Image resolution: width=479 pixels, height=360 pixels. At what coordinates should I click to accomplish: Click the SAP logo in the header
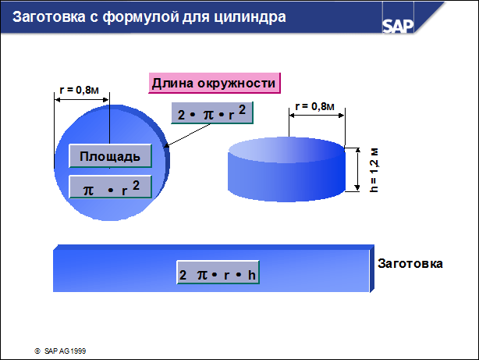point(398,26)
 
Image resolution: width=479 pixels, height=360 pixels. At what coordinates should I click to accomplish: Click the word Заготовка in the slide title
point(49,16)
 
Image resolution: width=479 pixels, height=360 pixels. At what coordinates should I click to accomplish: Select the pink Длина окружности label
point(215,83)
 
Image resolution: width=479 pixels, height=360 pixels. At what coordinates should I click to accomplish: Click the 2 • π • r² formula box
point(212,113)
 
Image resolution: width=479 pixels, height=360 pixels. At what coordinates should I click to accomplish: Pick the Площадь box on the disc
point(110,156)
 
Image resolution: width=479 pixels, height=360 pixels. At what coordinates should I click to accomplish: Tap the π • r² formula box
point(110,187)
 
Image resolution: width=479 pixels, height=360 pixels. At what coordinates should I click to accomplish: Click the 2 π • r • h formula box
point(218,273)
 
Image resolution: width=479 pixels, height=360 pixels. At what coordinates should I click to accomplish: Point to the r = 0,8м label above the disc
point(79,90)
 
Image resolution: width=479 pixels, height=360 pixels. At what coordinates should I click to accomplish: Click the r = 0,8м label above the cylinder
point(314,106)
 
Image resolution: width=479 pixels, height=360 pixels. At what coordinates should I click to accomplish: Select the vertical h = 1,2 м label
point(374,170)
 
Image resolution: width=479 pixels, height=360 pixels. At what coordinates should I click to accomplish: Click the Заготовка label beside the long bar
point(410,263)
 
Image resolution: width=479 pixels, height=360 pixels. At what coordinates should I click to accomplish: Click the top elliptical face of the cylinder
point(286,150)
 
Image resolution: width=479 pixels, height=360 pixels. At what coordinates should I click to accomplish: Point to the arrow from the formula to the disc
point(187,135)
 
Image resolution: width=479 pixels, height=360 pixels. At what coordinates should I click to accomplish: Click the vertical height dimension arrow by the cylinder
point(357,169)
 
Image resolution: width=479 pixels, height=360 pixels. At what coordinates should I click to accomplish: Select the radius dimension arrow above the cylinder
point(317,116)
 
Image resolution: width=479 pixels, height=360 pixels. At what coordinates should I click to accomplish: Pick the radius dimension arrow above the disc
point(82,100)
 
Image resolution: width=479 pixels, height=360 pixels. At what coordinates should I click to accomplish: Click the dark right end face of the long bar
point(372,269)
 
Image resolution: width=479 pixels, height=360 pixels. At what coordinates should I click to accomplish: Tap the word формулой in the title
point(141,17)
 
